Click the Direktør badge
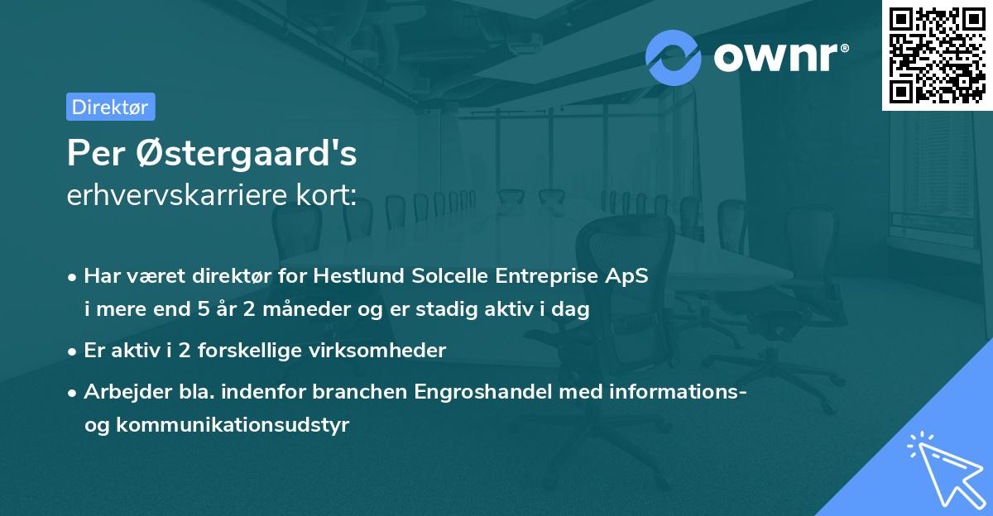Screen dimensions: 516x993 (110, 107)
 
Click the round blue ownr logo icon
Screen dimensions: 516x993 (674, 58)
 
